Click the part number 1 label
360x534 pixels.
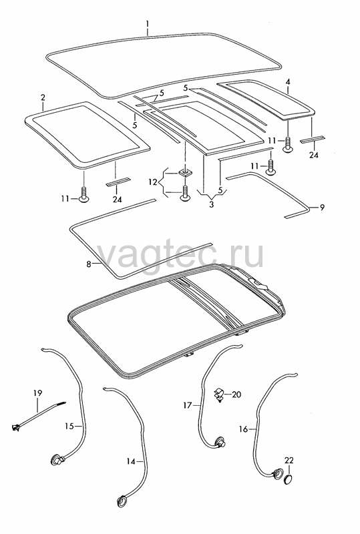click(x=147, y=24)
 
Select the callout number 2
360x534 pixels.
click(x=43, y=97)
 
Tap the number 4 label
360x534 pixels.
click(x=288, y=82)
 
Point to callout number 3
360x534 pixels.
click(x=212, y=205)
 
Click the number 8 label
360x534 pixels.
click(x=89, y=264)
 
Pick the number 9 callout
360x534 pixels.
click(x=322, y=207)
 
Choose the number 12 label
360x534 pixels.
click(x=152, y=182)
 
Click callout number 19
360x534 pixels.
click(x=38, y=393)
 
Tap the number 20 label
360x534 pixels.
click(x=236, y=394)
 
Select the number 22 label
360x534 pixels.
click(x=289, y=461)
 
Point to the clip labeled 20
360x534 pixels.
click(x=218, y=395)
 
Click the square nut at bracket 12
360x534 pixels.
click(x=185, y=173)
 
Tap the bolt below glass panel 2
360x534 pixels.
click(x=84, y=194)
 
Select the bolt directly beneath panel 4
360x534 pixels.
click(x=288, y=144)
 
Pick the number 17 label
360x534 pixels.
click(x=188, y=405)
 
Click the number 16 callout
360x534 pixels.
click(x=243, y=429)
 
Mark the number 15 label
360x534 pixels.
click(x=69, y=426)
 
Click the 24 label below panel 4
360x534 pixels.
click(x=314, y=155)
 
